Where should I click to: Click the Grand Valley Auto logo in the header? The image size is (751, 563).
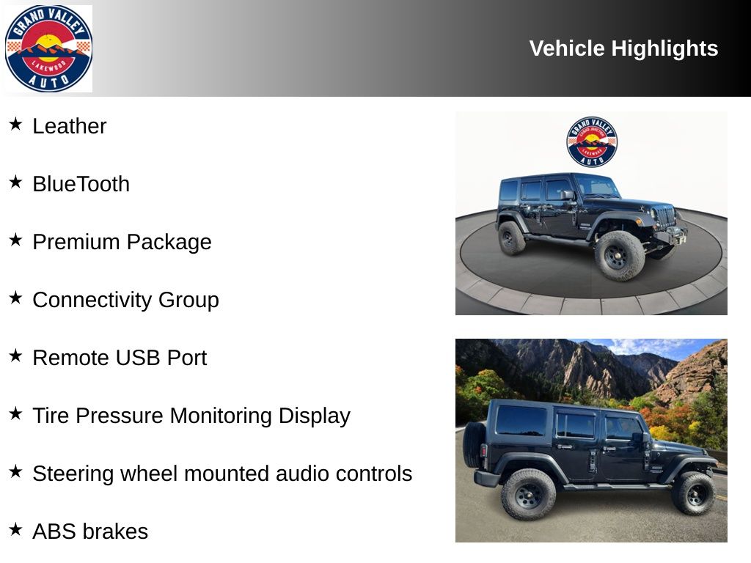click(48, 48)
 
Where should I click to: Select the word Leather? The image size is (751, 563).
click(70, 126)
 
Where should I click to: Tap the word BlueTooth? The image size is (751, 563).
click(81, 184)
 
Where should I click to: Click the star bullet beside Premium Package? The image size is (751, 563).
click(15, 240)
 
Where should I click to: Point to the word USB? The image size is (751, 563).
click(137, 358)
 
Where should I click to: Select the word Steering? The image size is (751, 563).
click(73, 474)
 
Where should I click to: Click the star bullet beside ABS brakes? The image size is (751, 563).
click(15, 529)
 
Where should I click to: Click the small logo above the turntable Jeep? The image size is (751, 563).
click(592, 141)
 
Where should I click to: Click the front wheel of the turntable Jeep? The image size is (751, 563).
click(619, 256)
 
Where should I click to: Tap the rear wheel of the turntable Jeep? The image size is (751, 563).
click(511, 238)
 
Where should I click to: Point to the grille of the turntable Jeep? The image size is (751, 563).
click(665, 216)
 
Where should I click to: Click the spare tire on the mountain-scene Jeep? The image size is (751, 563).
click(474, 445)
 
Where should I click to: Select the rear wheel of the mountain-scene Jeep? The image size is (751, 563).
click(528, 495)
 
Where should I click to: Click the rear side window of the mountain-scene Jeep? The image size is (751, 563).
click(521, 420)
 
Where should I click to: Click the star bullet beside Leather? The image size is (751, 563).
click(15, 124)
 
